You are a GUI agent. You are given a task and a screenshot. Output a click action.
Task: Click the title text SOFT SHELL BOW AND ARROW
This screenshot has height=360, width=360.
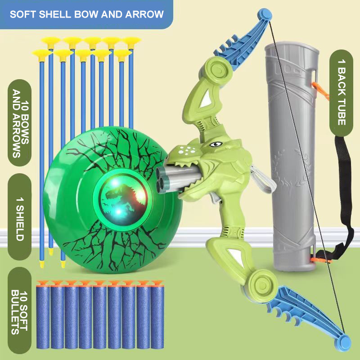coord(86,14)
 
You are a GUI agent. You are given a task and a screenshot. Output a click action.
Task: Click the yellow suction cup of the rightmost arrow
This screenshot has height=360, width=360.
coord(132,43)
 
